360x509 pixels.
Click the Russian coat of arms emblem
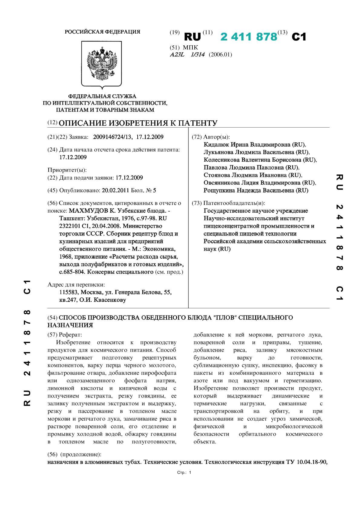(x=102, y=64)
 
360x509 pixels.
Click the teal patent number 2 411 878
(x=249, y=37)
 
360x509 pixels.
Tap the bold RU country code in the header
(x=192, y=37)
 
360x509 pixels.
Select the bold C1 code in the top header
(x=299, y=37)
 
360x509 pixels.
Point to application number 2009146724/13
(x=113, y=137)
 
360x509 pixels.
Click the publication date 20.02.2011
(x=116, y=190)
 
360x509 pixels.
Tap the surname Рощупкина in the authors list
(x=219, y=190)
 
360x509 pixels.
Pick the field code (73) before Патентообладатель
(x=197, y=203)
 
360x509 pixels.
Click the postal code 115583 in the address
(x=69, y=292)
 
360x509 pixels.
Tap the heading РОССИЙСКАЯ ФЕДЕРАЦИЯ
(x=102, y=32)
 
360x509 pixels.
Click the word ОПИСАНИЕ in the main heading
(x=82, y=123)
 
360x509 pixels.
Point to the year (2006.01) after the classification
(x=220, y=55)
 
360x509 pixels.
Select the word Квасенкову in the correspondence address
(x=110, y=300)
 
